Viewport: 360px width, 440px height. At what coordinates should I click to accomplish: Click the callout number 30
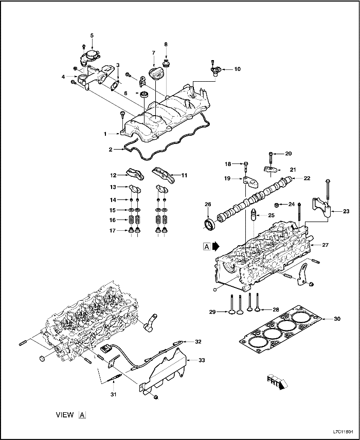coord(337,319)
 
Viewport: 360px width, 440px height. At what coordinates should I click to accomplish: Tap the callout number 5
coord(92,35)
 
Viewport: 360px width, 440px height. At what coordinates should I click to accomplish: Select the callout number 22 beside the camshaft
coord(307,178)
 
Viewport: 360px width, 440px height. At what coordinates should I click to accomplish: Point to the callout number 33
coord(202,360)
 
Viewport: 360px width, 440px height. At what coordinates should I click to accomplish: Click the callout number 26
coord(208,205)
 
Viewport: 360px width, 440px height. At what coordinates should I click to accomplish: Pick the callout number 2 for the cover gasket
coord(111,150)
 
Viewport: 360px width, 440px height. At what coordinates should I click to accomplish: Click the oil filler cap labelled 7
coord(155,73)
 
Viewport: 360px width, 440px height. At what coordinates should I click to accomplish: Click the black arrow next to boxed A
coord(215,246)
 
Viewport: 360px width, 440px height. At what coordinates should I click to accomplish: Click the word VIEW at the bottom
coord(65,414)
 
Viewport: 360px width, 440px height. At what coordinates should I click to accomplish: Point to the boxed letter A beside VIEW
coord(82,414)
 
